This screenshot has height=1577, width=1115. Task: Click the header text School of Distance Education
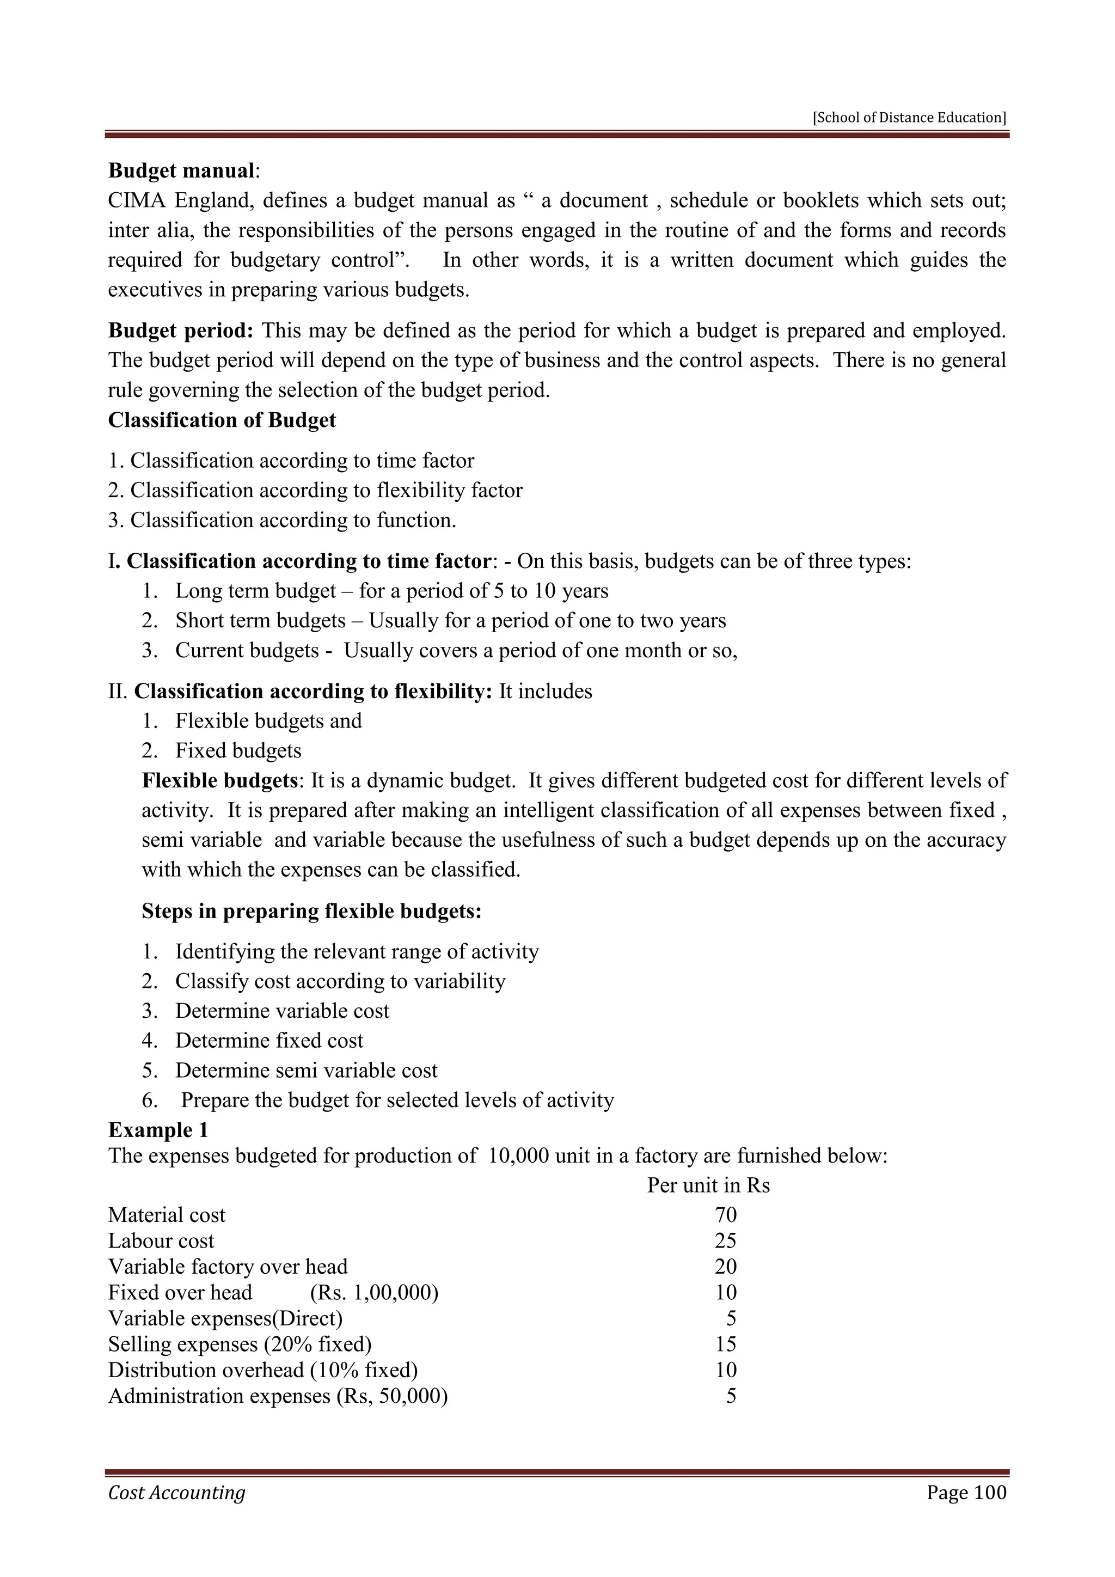click(909, 118)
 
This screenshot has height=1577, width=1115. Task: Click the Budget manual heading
click(182, 170)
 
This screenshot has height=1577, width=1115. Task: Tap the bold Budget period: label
click(181, 331)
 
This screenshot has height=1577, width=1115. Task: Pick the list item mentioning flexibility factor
click(315, 491)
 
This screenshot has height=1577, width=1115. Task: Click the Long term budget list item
click(391, 591)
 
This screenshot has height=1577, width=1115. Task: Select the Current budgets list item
click(455, 650)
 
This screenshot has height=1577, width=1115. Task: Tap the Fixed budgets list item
click(237, 751)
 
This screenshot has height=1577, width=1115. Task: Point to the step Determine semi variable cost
click(306, 1070)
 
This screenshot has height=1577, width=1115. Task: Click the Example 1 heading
click(158, 1130)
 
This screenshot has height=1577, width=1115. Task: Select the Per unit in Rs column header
click(708, 1185)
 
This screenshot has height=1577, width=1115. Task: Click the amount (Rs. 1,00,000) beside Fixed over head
click(374, 1293)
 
